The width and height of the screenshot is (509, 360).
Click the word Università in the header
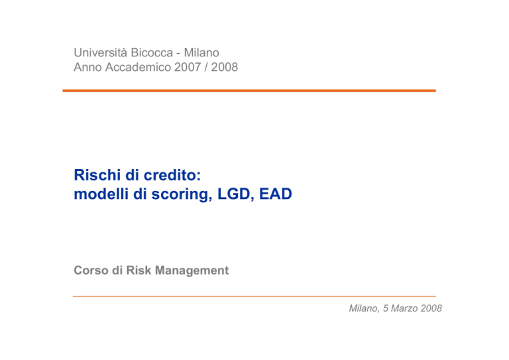pos(101,52)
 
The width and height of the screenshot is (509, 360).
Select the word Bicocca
pos(152,52)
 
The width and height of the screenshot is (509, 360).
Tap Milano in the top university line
pos(201,52)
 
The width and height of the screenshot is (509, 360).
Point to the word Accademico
pos(139,67)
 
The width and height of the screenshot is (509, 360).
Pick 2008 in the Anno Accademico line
pos(225,67)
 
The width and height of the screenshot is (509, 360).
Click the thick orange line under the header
pos(249,91)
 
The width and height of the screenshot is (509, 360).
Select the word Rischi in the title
pos(97,175)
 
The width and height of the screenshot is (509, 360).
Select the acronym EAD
pos(276,194)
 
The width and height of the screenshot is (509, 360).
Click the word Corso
pos(91,270)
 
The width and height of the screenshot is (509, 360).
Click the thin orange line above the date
pos(254,296)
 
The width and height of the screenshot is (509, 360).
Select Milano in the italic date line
pos(363,308)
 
